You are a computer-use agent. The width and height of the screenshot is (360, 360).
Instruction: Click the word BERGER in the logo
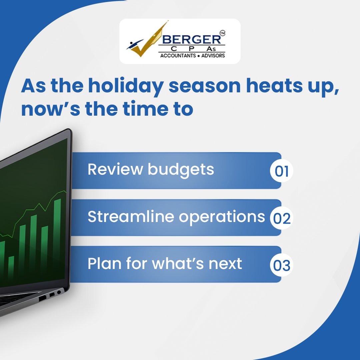(x=191, y=39)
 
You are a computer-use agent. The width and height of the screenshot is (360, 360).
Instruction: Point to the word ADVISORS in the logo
(x=212, y=55)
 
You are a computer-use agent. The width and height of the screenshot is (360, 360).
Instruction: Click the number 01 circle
(x=281, y=171)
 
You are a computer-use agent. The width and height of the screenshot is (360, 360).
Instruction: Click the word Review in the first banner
(x=115, y=169)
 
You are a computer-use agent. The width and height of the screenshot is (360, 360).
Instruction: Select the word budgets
(x=181, y=170)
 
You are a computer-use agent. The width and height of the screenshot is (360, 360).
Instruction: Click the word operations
(x=222, y=217)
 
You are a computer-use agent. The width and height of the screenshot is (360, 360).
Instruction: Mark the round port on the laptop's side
(x=59, y=292)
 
